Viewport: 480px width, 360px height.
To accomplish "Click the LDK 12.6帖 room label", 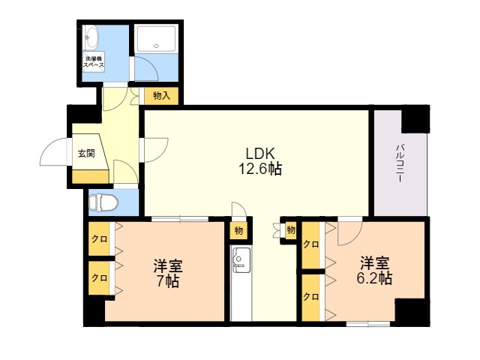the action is tap(260, 160).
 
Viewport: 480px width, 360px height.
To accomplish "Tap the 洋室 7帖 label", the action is tap(168, 273).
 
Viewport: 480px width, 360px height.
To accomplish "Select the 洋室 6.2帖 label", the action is tap(374, 270).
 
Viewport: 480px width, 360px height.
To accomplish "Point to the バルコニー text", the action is tap(400, 163).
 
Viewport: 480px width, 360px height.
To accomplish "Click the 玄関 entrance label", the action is tap(86, 153).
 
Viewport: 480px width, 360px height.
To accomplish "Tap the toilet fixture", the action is tap(103, 202).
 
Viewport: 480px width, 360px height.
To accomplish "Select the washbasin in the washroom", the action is tap(91, 37).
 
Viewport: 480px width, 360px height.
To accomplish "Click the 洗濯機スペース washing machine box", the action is tap(94, 61).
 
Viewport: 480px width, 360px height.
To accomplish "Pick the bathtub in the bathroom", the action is tap(156, 39).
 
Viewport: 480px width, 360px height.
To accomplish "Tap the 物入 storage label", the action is tap(161, 96).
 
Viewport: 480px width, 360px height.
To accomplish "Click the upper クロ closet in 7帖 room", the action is tap(99, 238).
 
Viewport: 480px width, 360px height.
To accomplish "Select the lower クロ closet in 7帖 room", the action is tap(99, 278).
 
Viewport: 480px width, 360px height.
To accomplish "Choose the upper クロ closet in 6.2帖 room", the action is tap(311, 245).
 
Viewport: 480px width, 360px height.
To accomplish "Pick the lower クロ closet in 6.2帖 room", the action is tap(311, 297).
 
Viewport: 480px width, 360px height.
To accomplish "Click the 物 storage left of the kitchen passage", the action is tap(238, 230).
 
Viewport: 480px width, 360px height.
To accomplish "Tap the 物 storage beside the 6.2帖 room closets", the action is tap(291, 229).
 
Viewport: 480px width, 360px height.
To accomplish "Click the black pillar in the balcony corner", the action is tap(415, 119).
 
